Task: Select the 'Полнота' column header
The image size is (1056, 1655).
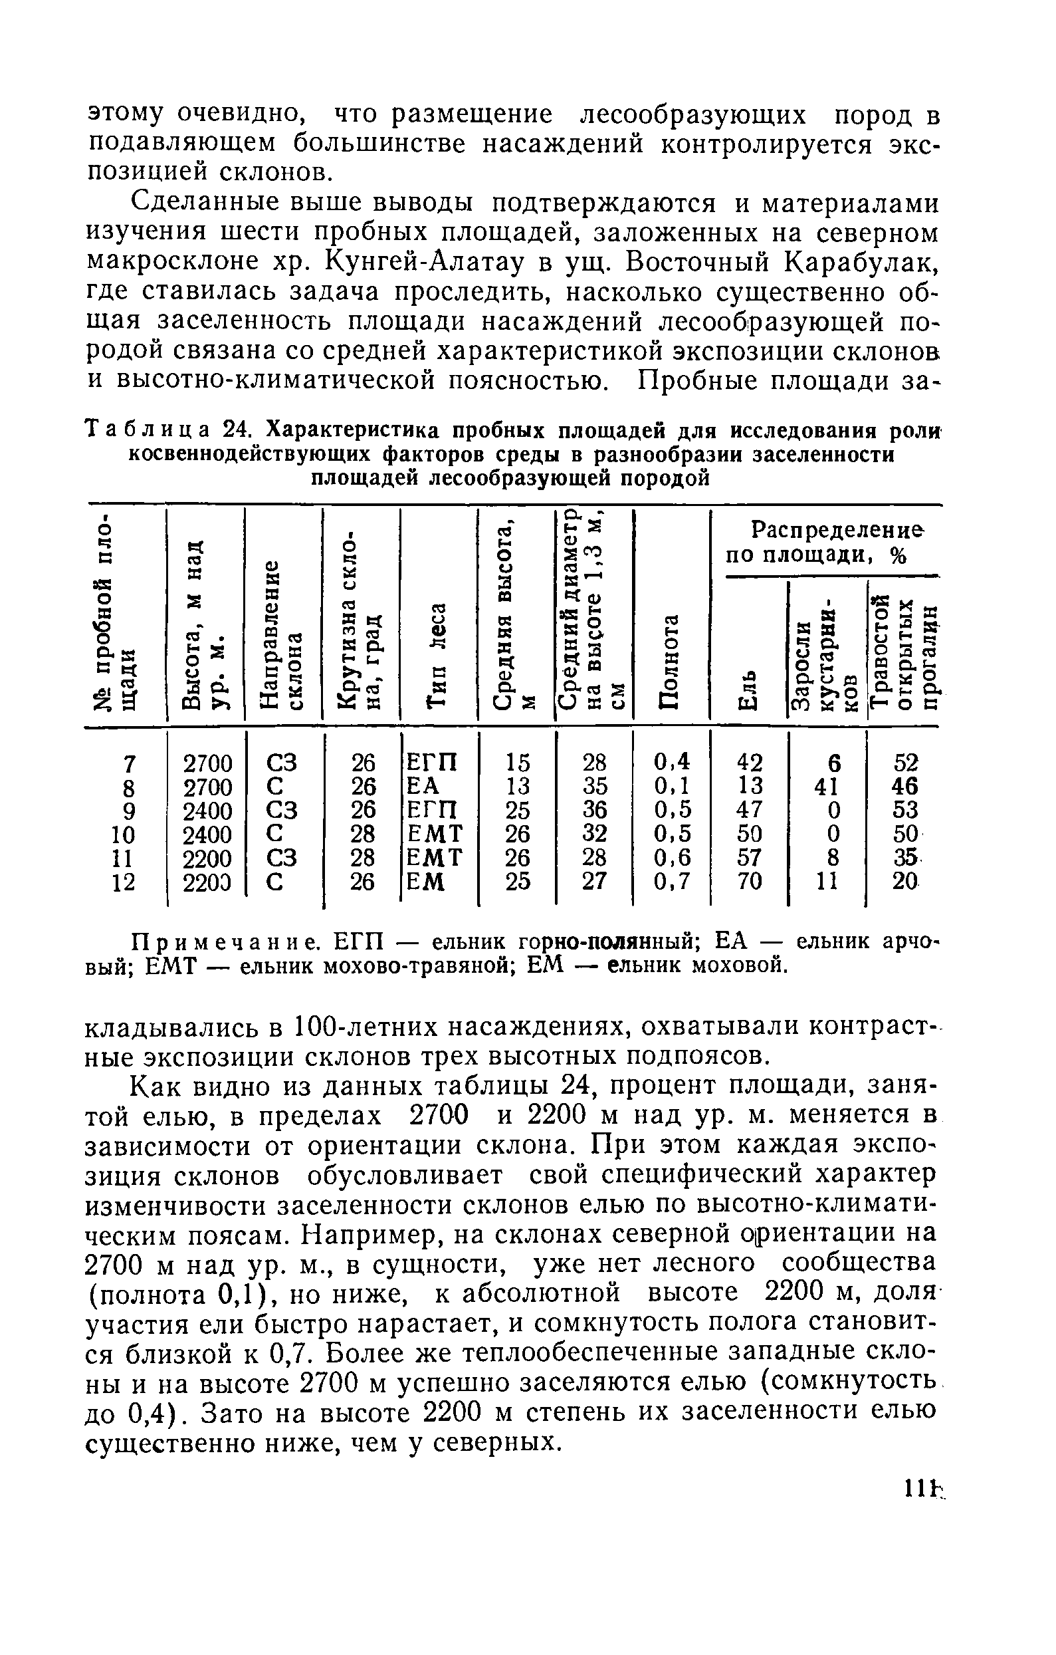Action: click(x=671, y=660)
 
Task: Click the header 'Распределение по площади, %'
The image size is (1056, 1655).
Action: click(x=825, y=543)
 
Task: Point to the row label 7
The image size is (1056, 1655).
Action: click(x=128, y=763)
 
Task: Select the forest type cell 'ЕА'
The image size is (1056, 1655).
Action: click(x=423, y=786)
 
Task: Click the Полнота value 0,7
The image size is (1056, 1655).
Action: click(x=672, y=882)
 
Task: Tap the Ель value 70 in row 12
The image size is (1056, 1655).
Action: click(x=748, y=882)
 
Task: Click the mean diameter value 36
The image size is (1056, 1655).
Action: click(x=594, y=811)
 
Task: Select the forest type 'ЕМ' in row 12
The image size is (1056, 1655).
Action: click(x=426, y=882)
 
